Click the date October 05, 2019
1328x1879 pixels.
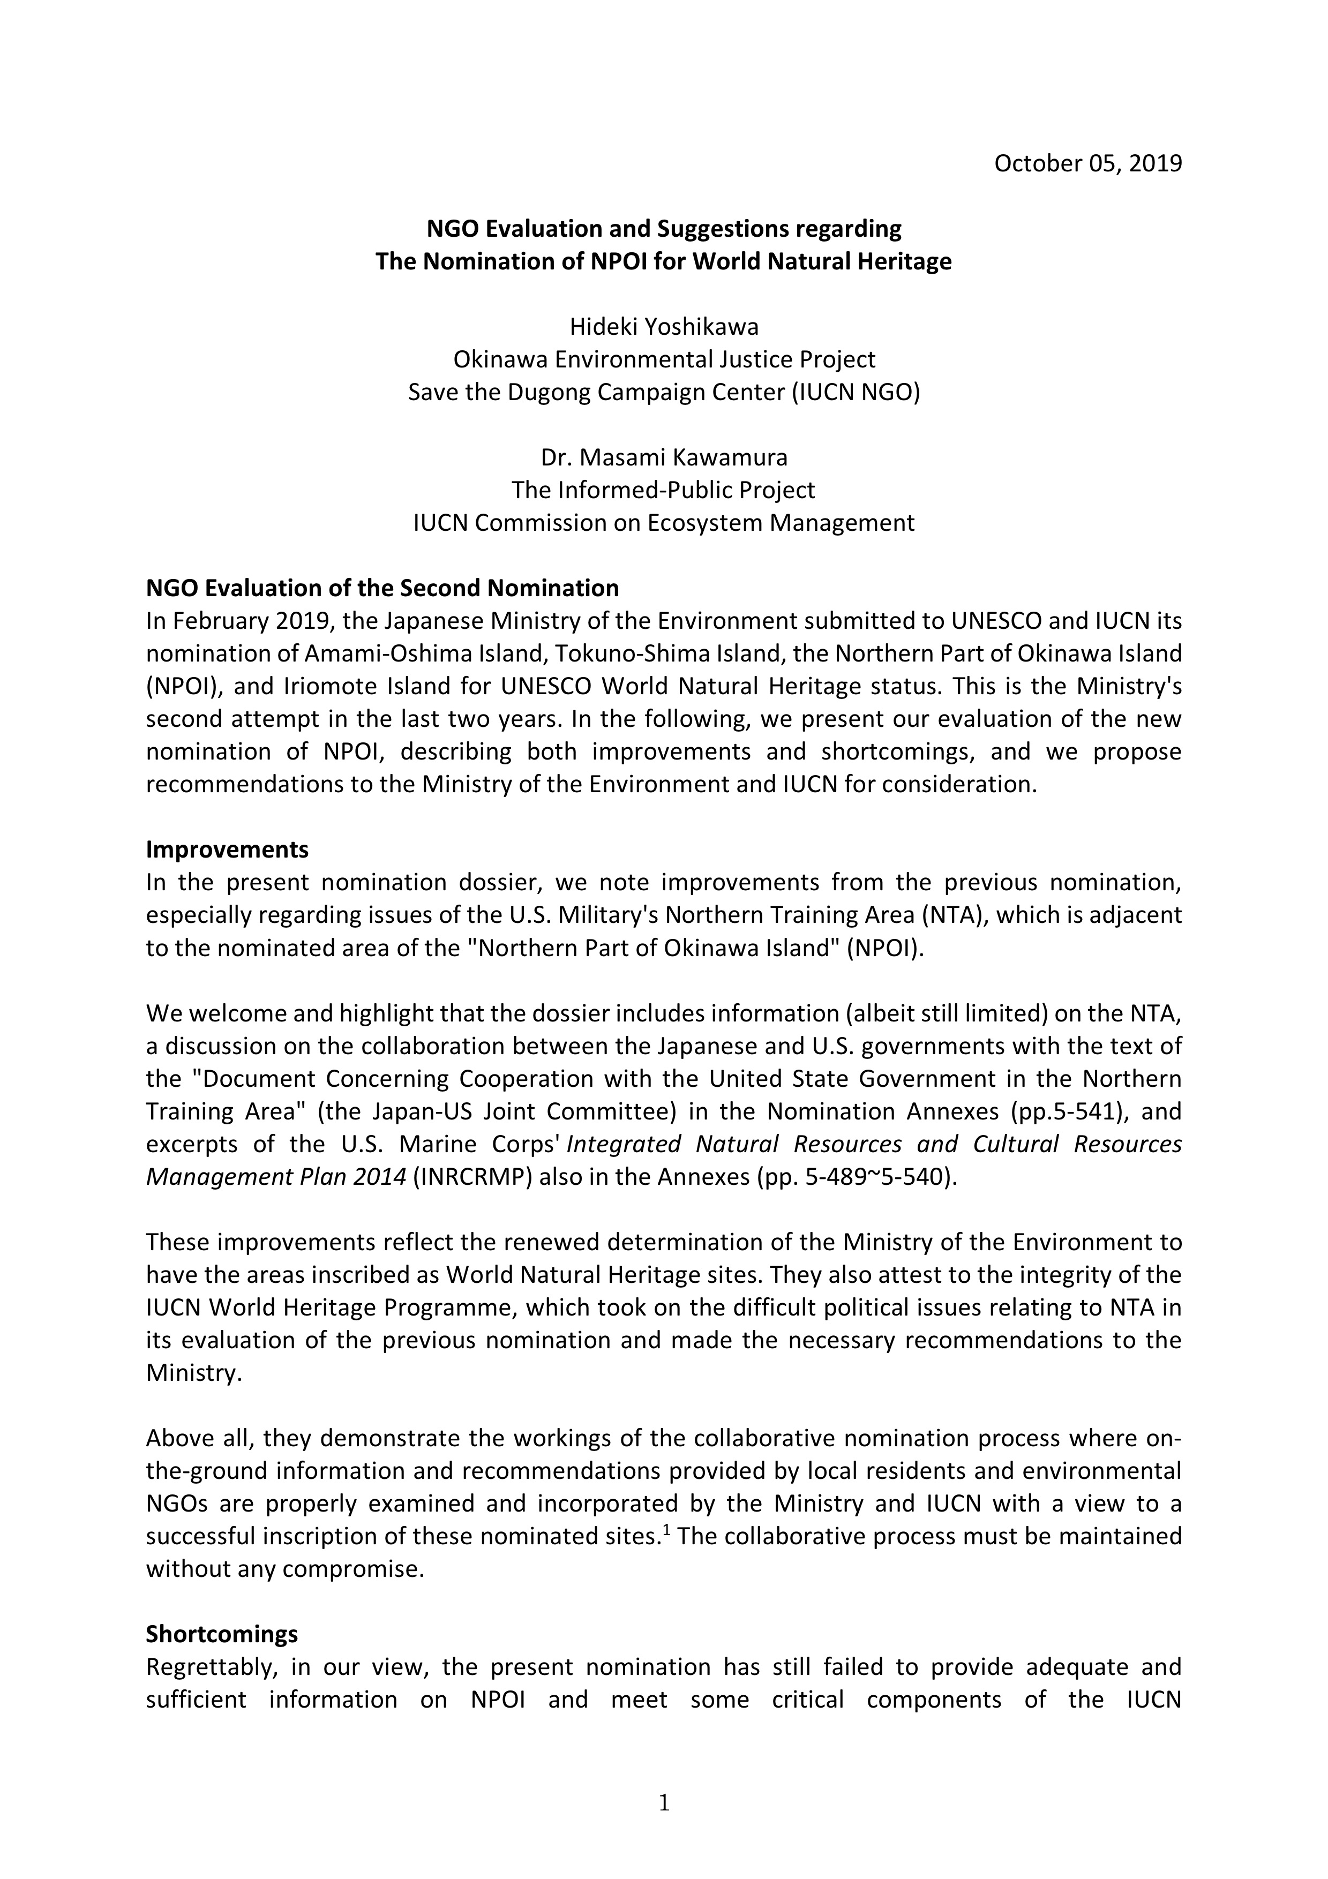click(1087, 164)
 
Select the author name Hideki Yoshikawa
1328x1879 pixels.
click(664, 327)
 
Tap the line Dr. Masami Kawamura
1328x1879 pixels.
click(664, 457)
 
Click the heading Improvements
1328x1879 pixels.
click(227, 850)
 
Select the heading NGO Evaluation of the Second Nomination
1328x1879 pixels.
click(382, 589)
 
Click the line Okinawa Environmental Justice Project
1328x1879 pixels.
click(664, 359)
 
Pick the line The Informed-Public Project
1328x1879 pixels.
click(664, 490)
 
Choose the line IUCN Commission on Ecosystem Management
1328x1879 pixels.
click(664, 523)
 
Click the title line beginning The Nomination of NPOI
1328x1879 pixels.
click(664, 262)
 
